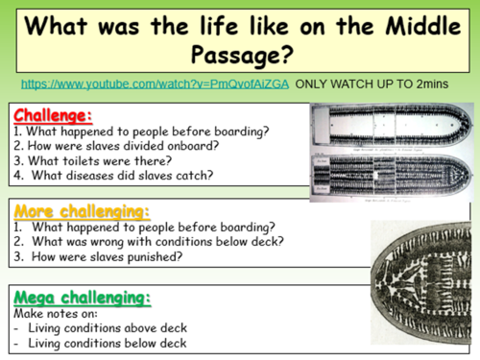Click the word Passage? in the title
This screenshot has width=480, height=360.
[239, 49]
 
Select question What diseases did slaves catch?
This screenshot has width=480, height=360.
[116, 176]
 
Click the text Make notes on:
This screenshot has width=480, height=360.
[58, 313]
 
